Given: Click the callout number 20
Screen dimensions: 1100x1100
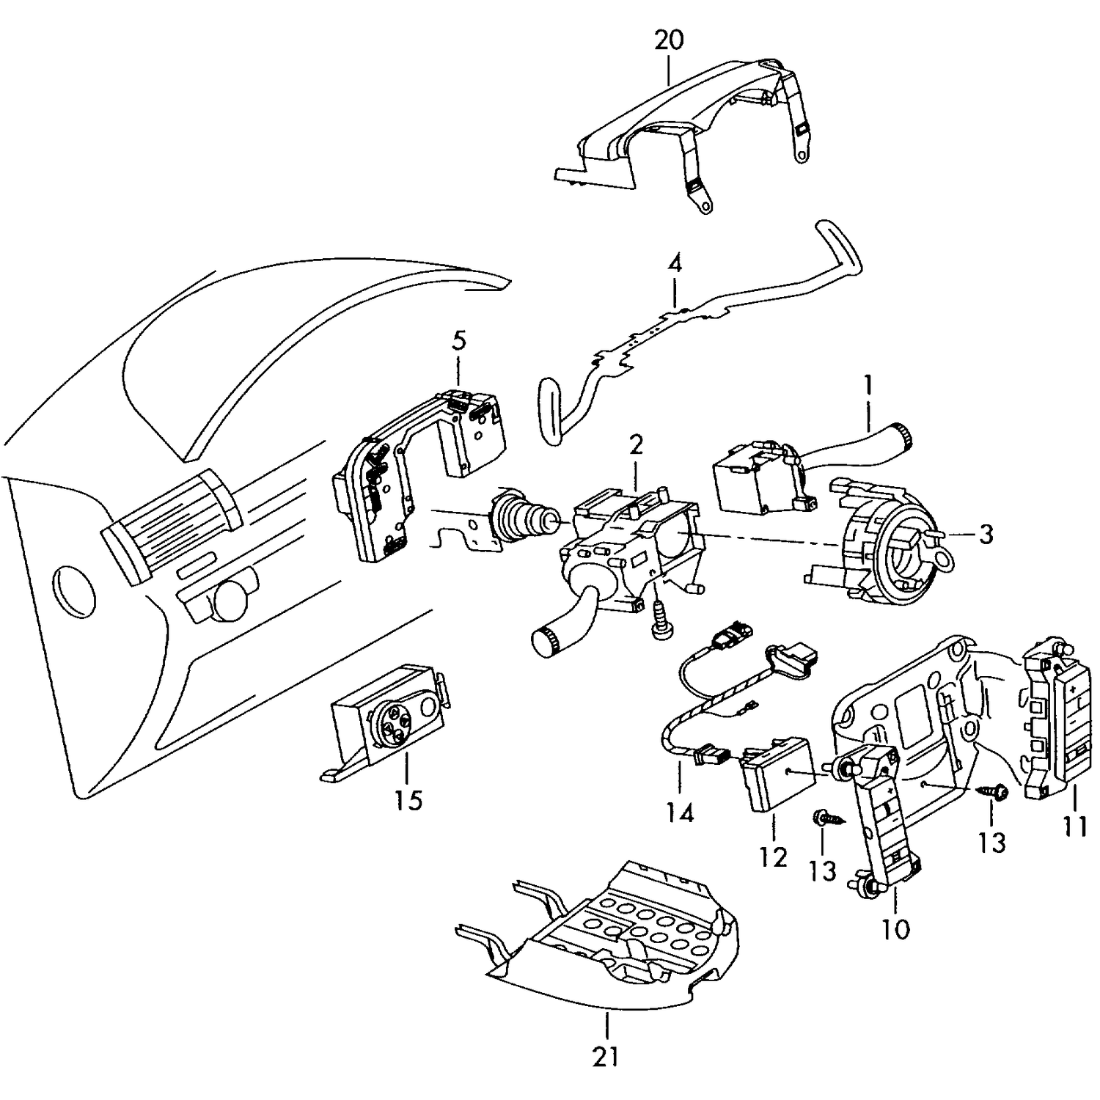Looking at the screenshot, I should (x=668, y=40).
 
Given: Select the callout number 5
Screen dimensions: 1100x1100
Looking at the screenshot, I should (x=458, y=341).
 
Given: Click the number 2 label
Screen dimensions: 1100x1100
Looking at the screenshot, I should (x=635, y=444).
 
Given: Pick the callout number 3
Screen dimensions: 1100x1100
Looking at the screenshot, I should (x=986, y=535).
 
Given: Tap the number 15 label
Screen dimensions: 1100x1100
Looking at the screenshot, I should (x=408, y=800).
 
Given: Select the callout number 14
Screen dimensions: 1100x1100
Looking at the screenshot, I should (x=680, y=813).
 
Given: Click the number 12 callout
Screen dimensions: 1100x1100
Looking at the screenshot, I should (x=773, y=857).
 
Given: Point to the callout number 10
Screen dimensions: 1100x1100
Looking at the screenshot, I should (x=895, y=929).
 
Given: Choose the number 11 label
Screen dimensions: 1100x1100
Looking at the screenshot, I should (x=1075, y=826).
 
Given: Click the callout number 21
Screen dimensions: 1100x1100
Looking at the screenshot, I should (x=606, y=1056).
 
